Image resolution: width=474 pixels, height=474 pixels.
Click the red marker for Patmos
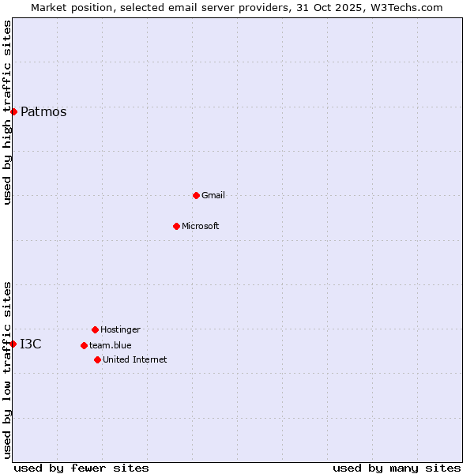[x=13, y=111]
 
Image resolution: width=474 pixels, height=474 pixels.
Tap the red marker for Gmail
[x=196, y=195]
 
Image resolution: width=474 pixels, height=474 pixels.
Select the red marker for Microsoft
[x=176, y=226]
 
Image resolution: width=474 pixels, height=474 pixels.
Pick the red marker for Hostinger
[x=95, y=329]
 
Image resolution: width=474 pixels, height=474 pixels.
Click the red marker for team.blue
[x=84, y=345]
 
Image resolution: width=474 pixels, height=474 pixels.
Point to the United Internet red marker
[x=97, y=359]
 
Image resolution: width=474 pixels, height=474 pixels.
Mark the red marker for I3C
[x=13, y=344]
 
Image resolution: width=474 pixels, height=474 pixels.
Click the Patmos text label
[x=43, y=112]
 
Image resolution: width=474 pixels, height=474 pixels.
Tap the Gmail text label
[x=213, y=196]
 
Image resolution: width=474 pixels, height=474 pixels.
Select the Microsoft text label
[x=201, y=227]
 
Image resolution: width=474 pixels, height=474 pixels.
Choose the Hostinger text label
[x=120, y=330]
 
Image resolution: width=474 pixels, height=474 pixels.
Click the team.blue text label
[x=111, y=346]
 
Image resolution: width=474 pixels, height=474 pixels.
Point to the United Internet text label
[x=135, y=360]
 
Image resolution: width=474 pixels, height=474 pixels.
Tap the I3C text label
[x=31, y=344]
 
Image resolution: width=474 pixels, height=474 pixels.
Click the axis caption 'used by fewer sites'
[x=81, y=468]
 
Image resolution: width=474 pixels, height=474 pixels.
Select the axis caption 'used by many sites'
[x=397, y=468]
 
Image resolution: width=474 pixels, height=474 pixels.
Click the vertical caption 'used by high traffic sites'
[x=7, y=112]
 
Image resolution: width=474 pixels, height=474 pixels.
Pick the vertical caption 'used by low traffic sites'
[x=7, y=370]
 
